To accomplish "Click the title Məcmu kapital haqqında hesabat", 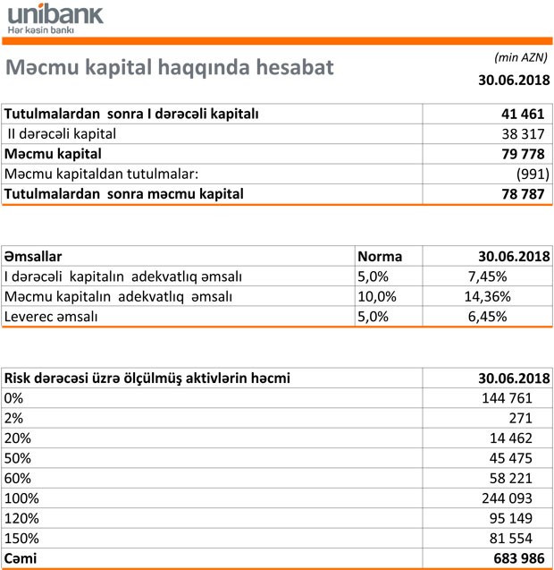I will (x=169, y=68).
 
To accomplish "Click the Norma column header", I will (x=380, y=256).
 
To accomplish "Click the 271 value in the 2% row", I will (x=520, y=418).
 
